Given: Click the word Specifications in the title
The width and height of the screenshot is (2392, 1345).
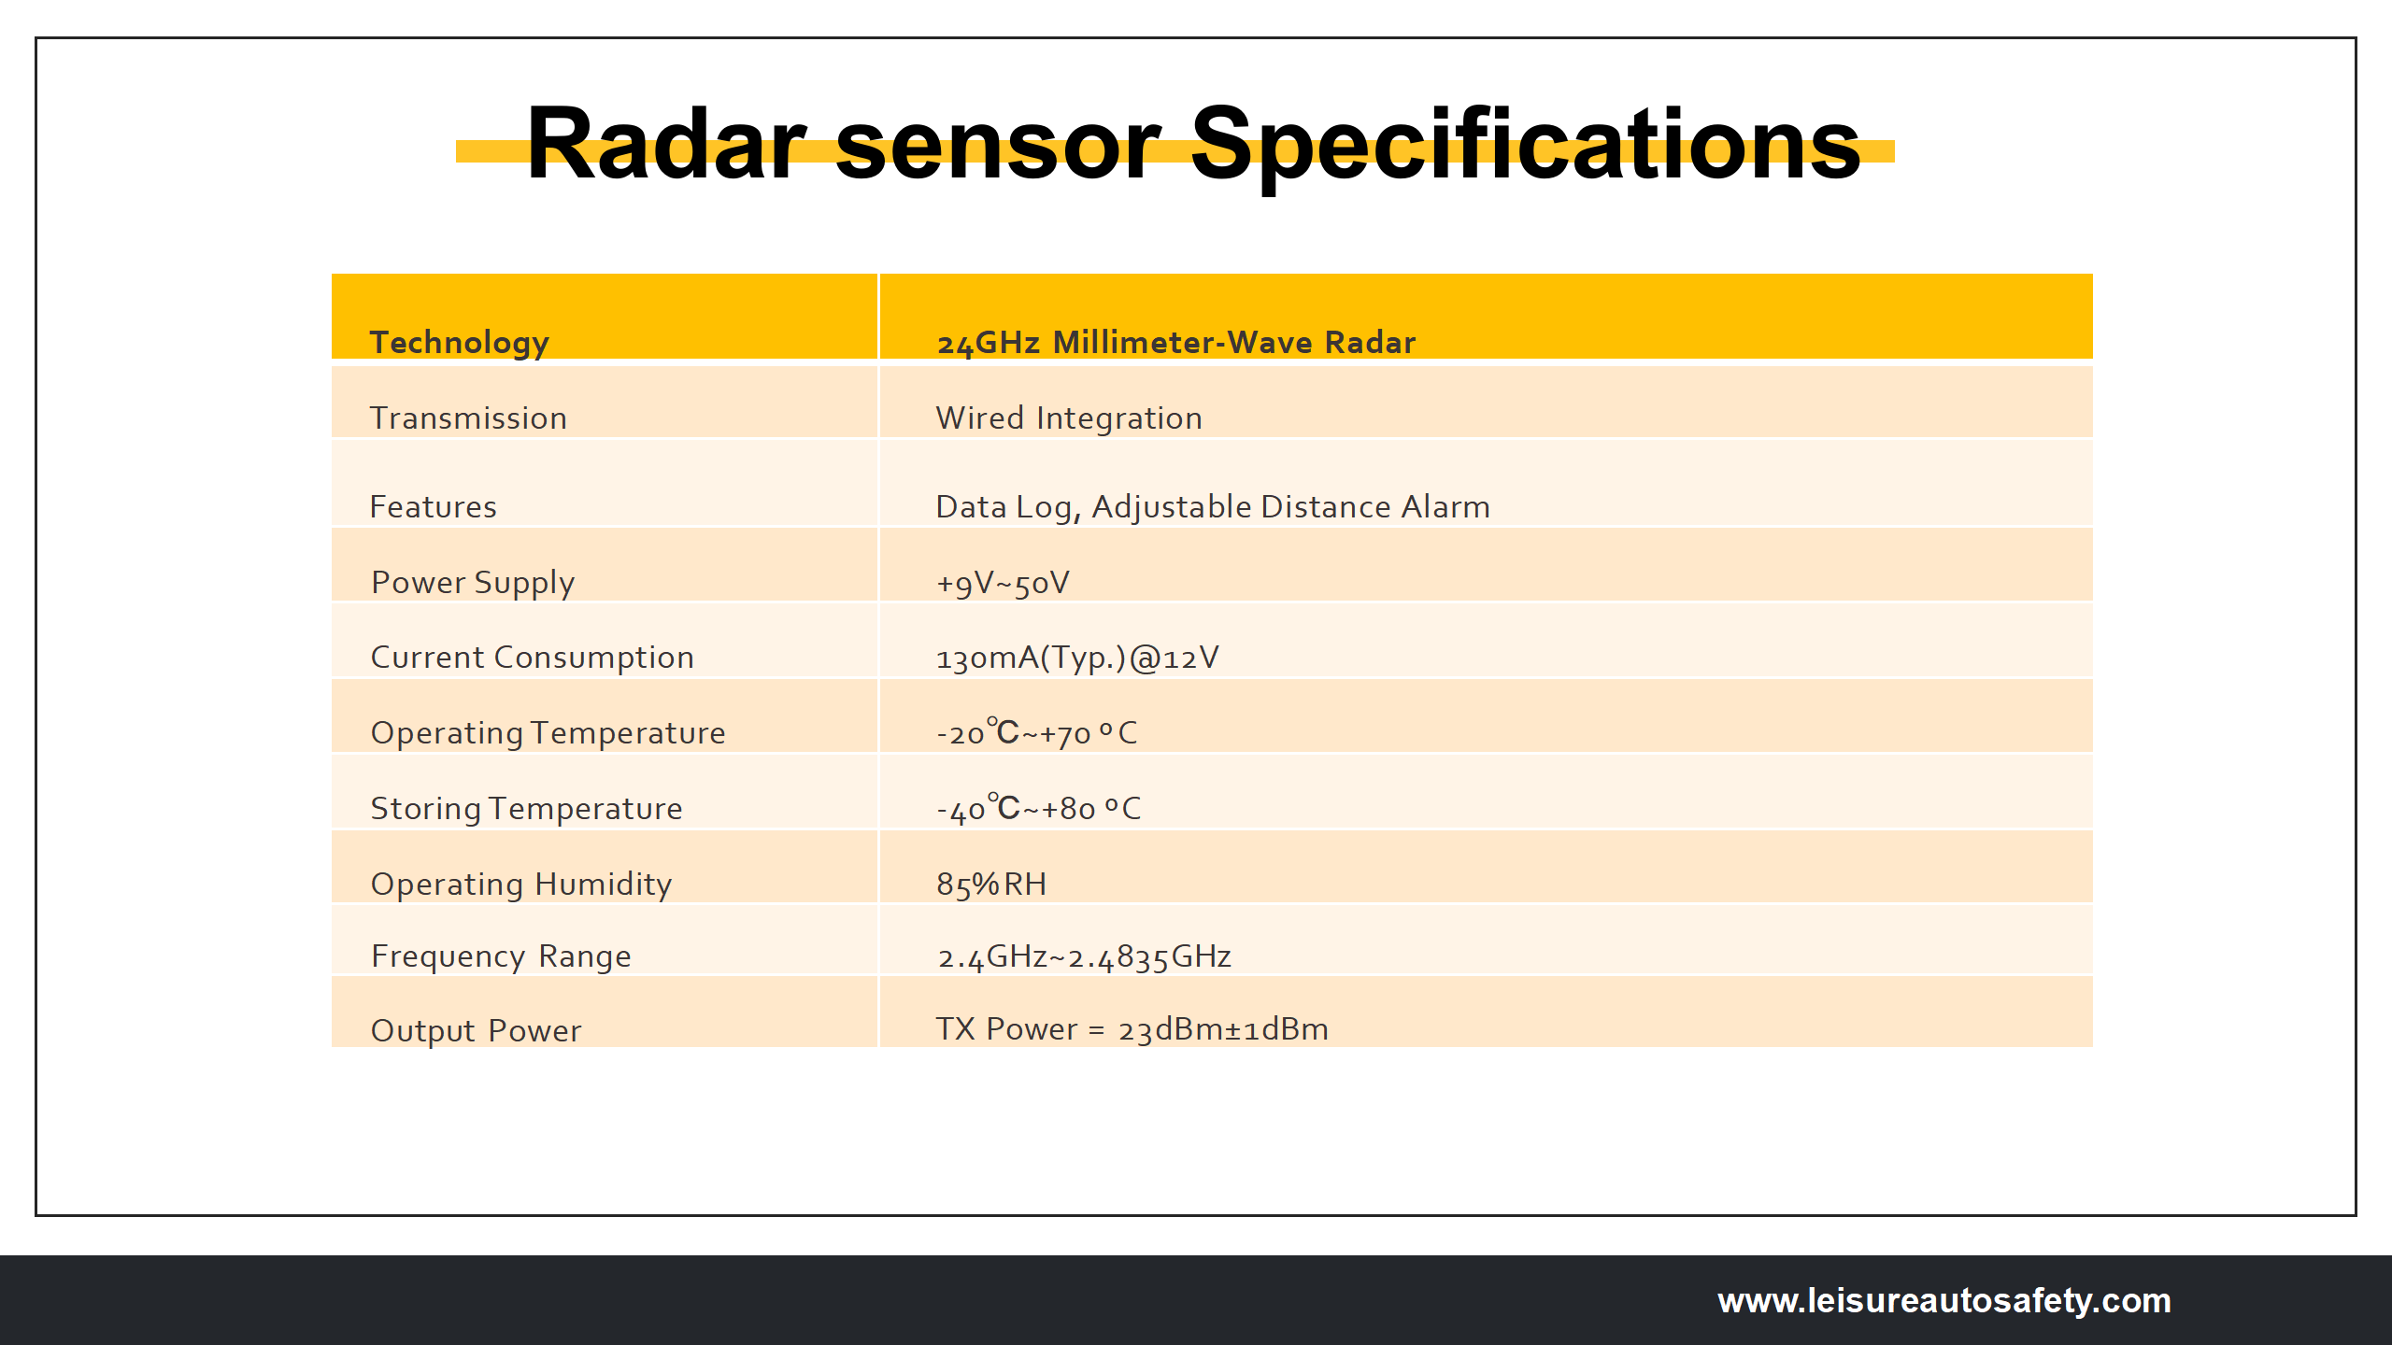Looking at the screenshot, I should (x=1525, y=145).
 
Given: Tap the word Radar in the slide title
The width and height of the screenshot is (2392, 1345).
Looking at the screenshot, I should (x=665, y=145).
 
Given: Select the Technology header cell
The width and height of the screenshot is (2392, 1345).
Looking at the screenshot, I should (x=459, y=343).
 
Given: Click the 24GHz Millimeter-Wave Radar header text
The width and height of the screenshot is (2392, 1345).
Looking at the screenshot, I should (x=1175, y=343).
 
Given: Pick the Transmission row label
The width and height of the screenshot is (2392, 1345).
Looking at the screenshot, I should (x=468, y=418).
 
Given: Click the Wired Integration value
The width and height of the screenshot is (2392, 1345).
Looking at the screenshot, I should (x=1069, y=418).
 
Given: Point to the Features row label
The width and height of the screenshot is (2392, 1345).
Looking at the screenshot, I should (x=433, y=507).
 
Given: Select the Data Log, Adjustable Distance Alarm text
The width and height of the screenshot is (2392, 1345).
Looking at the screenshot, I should (x=1212, y=507).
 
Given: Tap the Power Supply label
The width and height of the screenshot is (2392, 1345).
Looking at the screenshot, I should (x=472, y=583).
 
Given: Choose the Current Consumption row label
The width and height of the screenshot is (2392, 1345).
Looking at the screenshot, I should (x=532, y=658).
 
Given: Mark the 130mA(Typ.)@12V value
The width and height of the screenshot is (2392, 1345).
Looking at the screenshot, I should (x=1076, y=658).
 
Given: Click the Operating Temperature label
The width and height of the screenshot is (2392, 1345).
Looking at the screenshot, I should (x=548, y=733).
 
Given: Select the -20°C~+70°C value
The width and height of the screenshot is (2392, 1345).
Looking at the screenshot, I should (x=1036, y=733).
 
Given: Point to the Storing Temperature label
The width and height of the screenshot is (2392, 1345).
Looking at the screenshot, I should (x=526, y=809).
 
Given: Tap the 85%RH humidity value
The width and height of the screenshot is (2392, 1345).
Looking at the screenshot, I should (x=990, y=885).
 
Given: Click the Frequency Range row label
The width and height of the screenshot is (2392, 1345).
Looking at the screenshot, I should (x=501, y=956).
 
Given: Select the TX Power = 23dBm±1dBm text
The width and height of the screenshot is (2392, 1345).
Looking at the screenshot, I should (x=1132, y=1029).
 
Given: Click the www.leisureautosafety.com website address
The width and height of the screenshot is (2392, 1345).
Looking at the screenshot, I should (x=1943, y=1301).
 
